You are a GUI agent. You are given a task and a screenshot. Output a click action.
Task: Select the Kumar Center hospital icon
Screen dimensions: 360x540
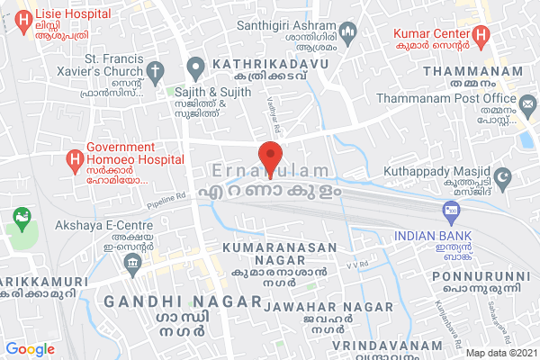coord(481,36)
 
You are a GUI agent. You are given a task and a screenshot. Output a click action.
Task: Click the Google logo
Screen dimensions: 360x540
coord(31,349)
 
